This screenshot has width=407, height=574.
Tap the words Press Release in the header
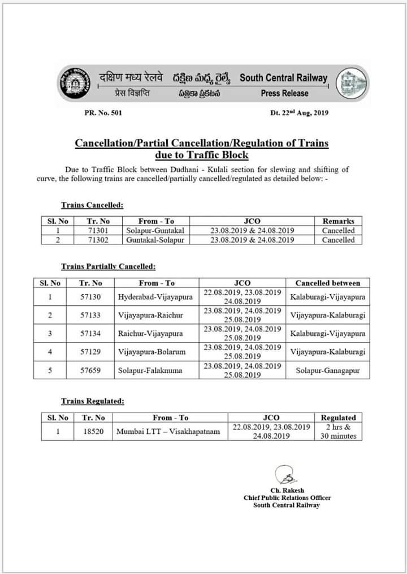click(x=284, y=94)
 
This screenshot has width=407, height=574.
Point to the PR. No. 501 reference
click(x=103, y=113)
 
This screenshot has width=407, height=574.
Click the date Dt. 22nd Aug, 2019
click(x=300, y=112)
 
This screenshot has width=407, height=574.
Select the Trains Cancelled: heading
click(x=92, y=205)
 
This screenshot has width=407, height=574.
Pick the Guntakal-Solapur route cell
click(x=156, y=240)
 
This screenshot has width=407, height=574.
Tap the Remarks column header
click(x=338, y=221)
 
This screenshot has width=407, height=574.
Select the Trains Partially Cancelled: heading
click(x=108, y=266)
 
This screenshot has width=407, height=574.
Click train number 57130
click(x=90, y=296)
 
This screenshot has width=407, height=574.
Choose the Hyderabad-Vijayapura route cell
click(x=155, y=296)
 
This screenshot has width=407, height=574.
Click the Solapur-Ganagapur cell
click(x=327, y=370)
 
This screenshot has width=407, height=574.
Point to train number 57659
click(x=90, y=370)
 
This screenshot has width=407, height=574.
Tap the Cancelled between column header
click(x=327, y=283)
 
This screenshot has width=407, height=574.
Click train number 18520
click(x=93, y=432)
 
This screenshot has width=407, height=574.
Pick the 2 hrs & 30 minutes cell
click(x=338, y=432)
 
